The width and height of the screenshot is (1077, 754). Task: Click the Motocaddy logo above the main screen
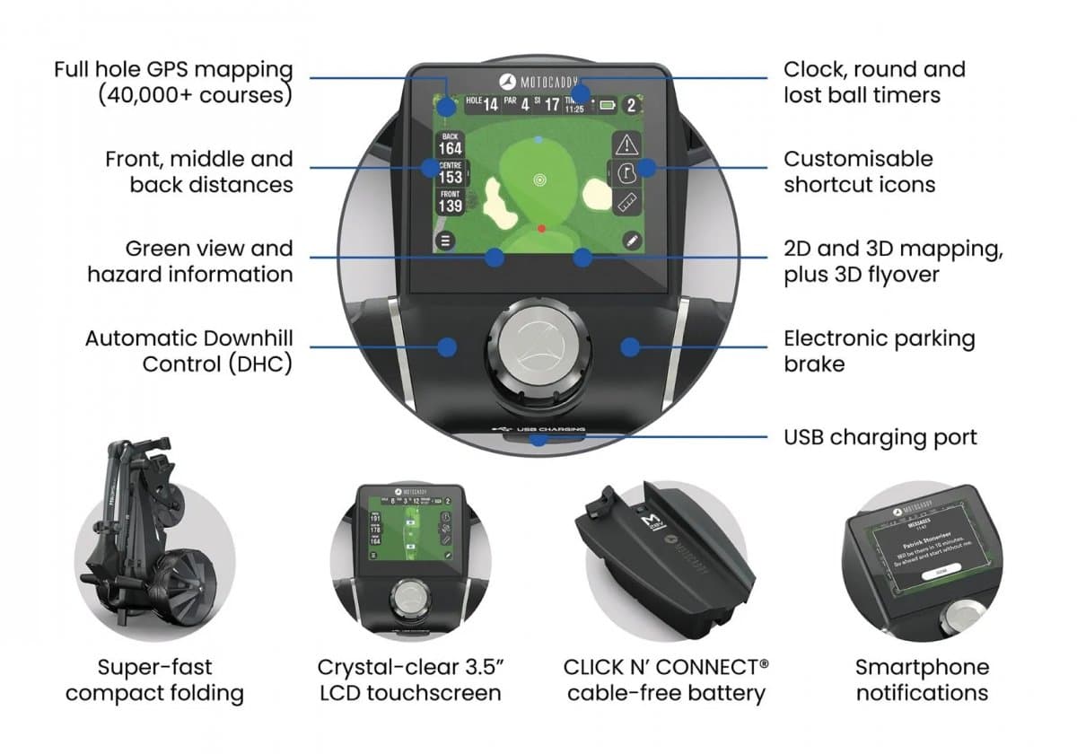click(538, 79)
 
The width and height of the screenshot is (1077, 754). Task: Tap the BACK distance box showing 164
click(450, 144)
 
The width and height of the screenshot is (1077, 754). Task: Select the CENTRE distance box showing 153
click(450, 172)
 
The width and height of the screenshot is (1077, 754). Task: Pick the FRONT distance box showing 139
click(450, 201)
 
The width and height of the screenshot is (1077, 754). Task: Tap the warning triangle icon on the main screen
click(626, 144)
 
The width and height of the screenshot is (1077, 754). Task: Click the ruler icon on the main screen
click(626, 201)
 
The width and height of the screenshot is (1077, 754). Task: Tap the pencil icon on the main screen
click(631, 240)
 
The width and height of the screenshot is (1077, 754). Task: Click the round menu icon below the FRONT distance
click(445, 240)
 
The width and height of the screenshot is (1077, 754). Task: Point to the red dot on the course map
click(541, 229)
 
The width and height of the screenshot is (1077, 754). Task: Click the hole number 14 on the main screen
click(490, 105)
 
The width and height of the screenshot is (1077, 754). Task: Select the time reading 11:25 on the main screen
click(574, 109)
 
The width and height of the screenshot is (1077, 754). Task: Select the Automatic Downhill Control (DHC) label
click(189, 351)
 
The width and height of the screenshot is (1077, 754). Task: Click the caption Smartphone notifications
click(921, 679)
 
